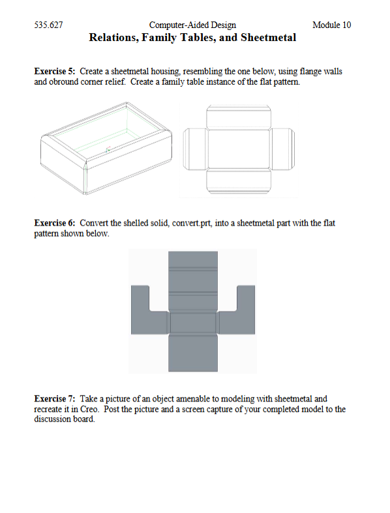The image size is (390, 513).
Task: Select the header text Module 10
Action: point(331,25)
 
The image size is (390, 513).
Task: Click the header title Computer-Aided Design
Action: point(193,25)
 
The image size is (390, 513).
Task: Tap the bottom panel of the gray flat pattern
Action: point(193,352)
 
